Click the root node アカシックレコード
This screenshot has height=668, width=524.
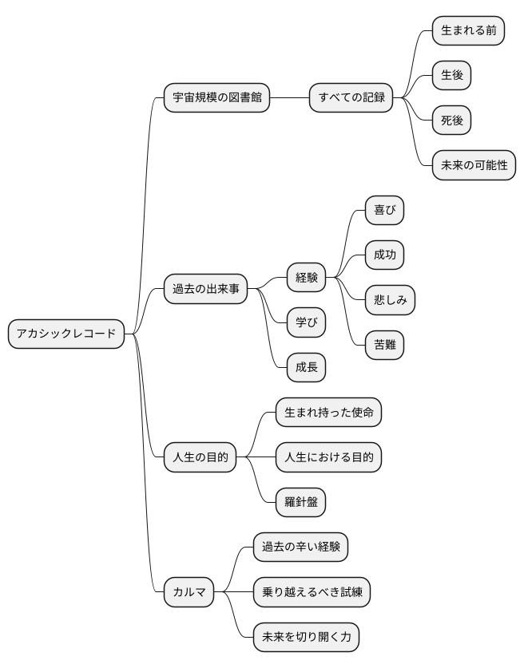(66, 334)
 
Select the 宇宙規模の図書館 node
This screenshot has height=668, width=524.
(216, 98)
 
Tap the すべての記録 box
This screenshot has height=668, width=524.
(351, 98)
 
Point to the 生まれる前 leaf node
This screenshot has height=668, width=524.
(468, 30)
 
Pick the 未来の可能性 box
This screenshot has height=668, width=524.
(474, 166)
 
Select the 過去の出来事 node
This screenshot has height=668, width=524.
(205, 288)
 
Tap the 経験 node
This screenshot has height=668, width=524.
(307, 278)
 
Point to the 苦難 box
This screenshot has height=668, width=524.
(384, 346)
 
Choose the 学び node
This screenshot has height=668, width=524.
(307, 322)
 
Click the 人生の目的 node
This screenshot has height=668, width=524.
(200, 457)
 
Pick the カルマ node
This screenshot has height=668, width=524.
(189, 592)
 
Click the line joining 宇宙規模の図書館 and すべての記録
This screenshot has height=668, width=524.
(289, 98)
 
